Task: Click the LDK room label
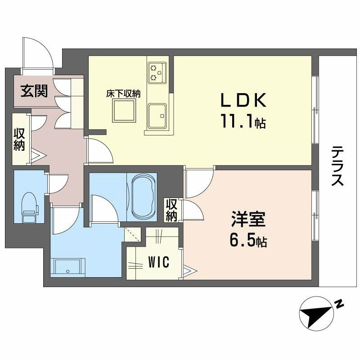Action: coord(243,100)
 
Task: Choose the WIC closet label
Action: coord(158,262)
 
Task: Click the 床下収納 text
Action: coord(123,94)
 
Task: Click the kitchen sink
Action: coord(157,116)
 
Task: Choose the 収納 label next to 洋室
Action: coord(171,210)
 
